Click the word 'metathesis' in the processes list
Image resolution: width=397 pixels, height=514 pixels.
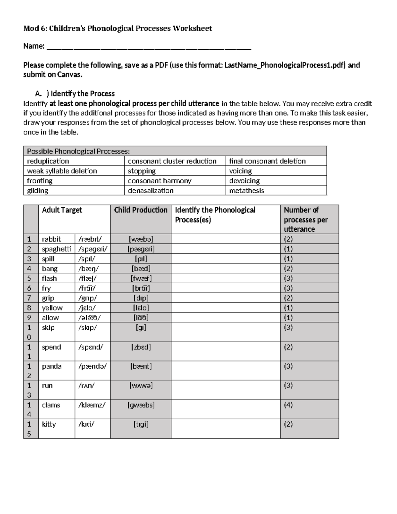[x=246, y=190]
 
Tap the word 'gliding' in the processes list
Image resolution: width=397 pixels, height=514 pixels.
[x=37, y=190]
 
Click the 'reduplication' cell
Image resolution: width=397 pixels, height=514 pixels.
[x=48, y=161]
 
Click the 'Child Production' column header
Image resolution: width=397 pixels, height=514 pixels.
[x=141, y=210]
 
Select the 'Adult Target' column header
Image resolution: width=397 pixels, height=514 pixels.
[x=62, y=210]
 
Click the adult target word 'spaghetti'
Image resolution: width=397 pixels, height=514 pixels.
[x=56, y=249]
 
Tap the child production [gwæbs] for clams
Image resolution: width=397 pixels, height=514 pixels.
[x=141, y=405]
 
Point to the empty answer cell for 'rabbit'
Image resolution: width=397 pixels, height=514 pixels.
[x=225, y=239]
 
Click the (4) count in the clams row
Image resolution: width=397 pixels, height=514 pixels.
[x=288, y=405]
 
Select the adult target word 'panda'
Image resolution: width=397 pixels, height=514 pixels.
[x=52, y=366]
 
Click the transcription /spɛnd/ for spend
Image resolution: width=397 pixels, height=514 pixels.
[x=91, y=347]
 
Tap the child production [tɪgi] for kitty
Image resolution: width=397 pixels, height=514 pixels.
[x=141, y=424]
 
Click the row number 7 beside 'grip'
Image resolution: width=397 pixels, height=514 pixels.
[x=29, y=298]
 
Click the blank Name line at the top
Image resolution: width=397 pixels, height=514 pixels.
[x=149, y=47]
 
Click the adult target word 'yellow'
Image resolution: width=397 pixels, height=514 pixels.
[x=52, y=308]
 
